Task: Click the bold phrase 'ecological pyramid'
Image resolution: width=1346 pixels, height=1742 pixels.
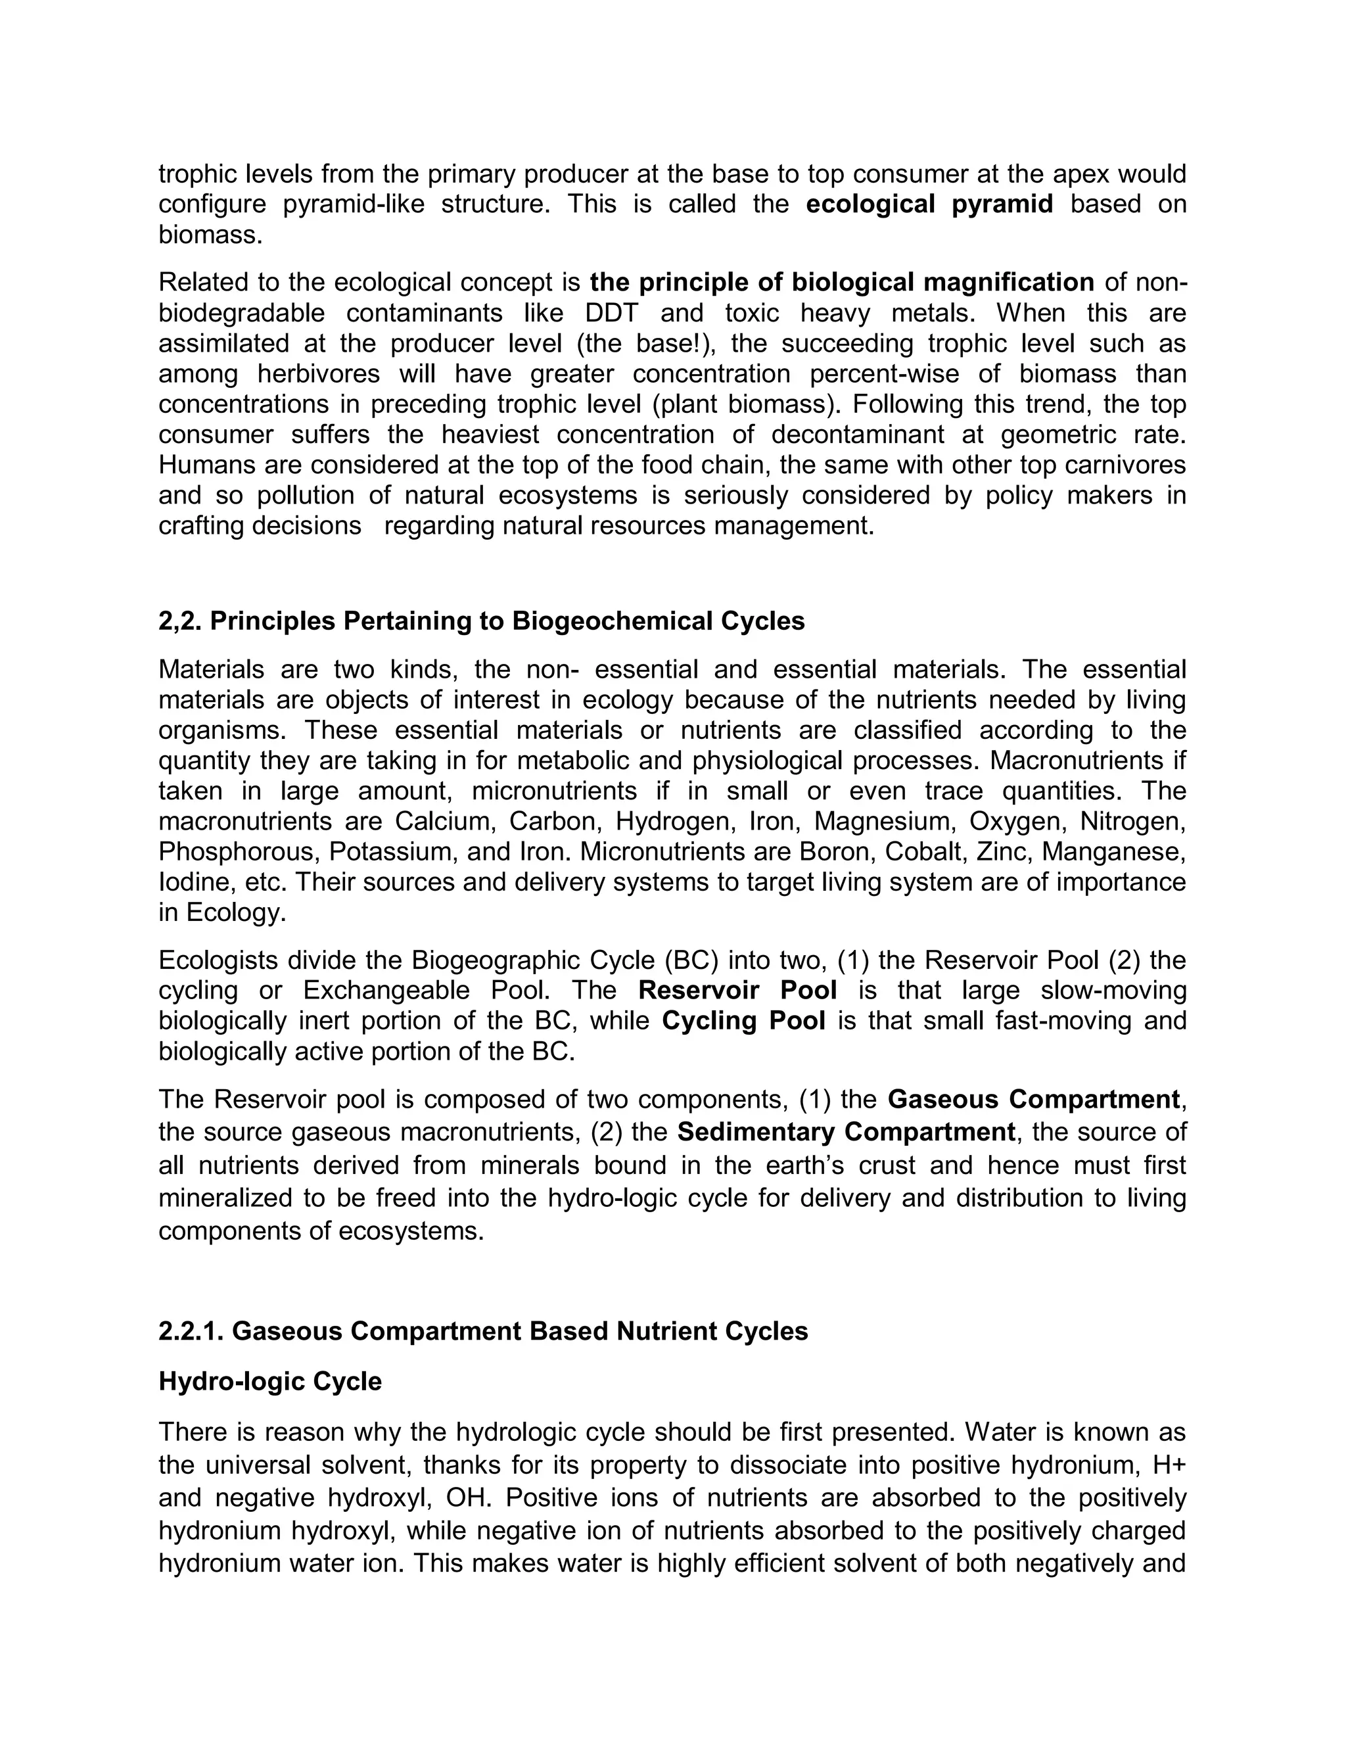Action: point(929,204)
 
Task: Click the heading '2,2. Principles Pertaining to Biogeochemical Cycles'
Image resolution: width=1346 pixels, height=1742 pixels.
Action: point(482,621)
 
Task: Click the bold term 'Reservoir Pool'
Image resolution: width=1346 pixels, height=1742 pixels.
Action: point(737,990)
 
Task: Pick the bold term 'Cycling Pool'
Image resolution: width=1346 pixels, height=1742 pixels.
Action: point(743,1020)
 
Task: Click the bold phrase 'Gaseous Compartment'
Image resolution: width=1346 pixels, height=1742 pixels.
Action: point(1033,1099)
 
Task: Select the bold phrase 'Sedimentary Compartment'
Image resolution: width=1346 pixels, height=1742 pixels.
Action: point(845,1132)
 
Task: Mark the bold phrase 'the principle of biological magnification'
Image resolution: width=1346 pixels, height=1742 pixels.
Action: point(842,283)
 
